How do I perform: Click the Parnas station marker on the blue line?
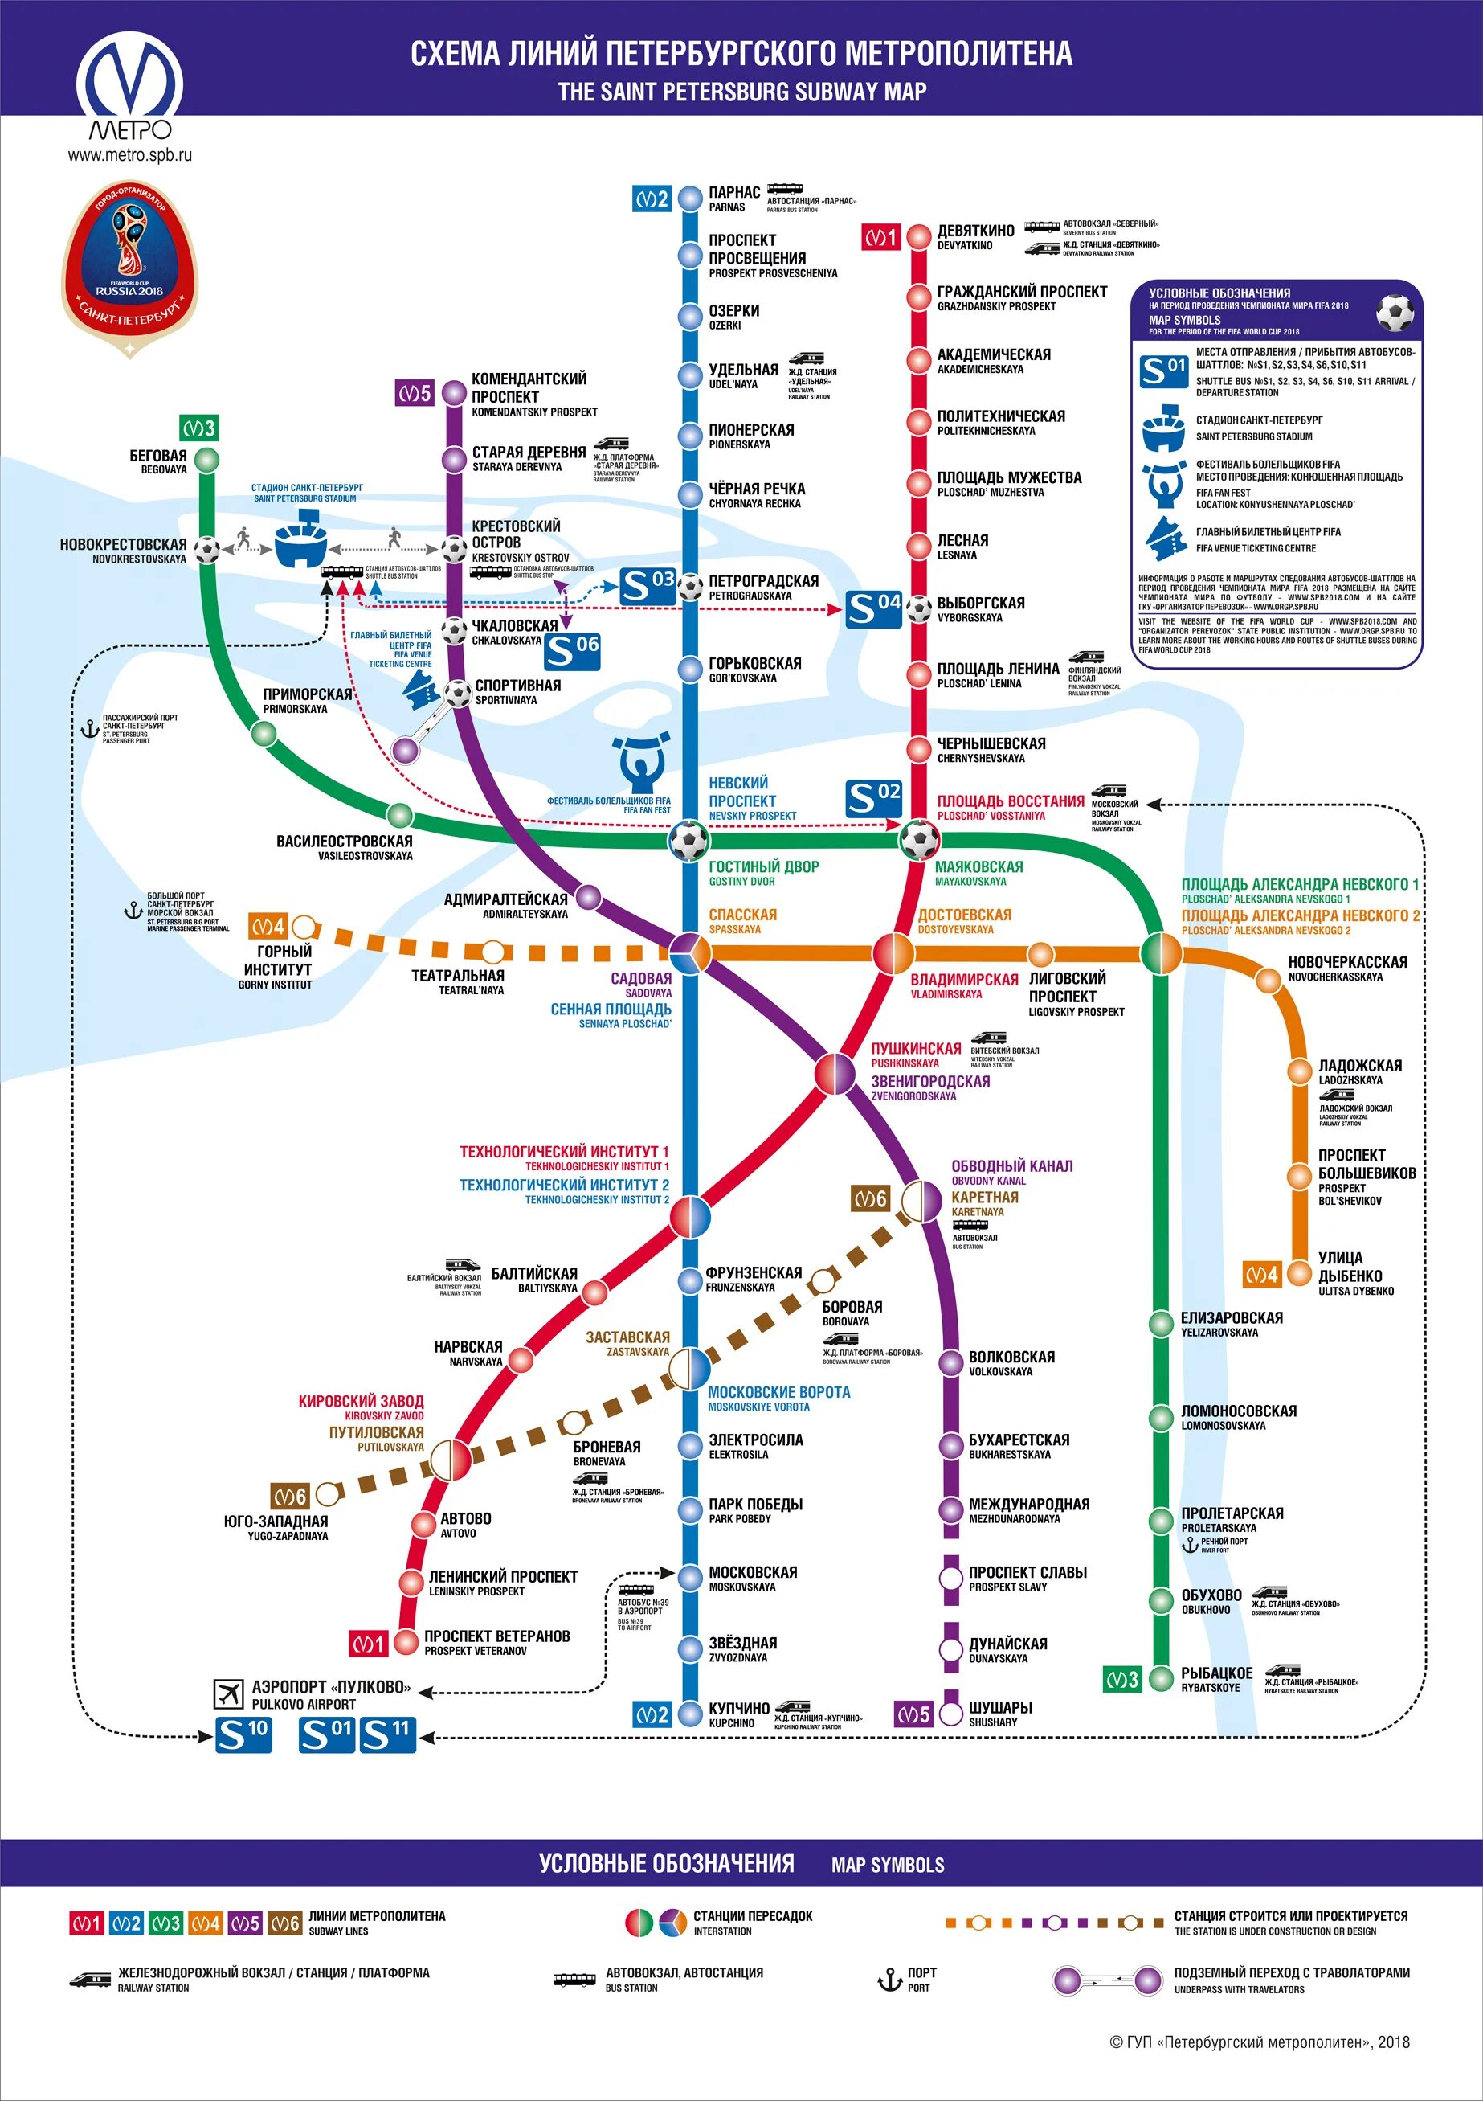(690, 198)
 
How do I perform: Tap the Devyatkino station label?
(975, 236)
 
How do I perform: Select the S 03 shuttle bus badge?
(648, 587)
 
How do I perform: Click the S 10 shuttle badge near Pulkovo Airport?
(243, 1734)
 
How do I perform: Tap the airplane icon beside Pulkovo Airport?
(228, 1693)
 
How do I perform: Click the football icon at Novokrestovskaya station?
(208, 550)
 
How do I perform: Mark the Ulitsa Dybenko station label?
(1356, 1273)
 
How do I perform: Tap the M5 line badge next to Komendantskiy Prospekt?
(414, 394)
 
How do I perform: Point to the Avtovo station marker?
(423, 1524)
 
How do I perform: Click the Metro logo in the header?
(130, 87)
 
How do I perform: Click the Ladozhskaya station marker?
(1299, 1071)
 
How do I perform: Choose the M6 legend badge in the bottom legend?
(284, 1923)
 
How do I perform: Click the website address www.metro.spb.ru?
(130, 154)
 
